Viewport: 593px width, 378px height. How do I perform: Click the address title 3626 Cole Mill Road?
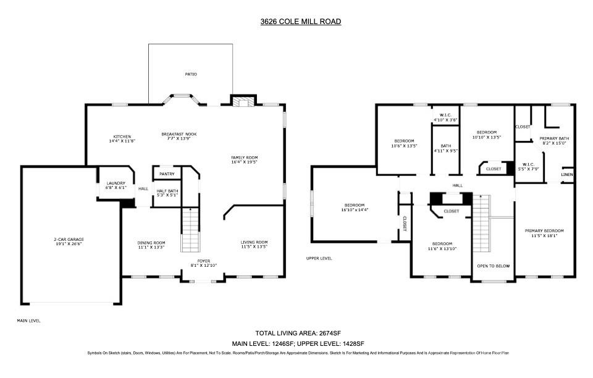click(300, 22)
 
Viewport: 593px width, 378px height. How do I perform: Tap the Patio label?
click(191, 74)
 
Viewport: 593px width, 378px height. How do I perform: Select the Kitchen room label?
click(122, 136)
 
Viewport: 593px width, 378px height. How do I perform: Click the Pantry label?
click(167, 174)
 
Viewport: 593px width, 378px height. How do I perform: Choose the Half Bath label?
click(167, 191)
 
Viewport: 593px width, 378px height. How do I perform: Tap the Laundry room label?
click(116, 183)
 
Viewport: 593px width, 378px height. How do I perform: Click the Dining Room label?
click(151, 243)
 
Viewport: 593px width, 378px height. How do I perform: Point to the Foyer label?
click(204, 261)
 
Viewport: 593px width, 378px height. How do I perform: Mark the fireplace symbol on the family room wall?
click(243, 101)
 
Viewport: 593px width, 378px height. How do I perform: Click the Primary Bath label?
click(553, 138)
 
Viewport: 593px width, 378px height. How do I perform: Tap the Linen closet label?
click(567, 175)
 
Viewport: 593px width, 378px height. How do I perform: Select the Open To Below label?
click(494, 266)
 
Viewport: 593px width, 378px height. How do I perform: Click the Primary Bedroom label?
click(544, 231)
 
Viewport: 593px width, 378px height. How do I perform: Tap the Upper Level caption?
click(319, 258)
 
